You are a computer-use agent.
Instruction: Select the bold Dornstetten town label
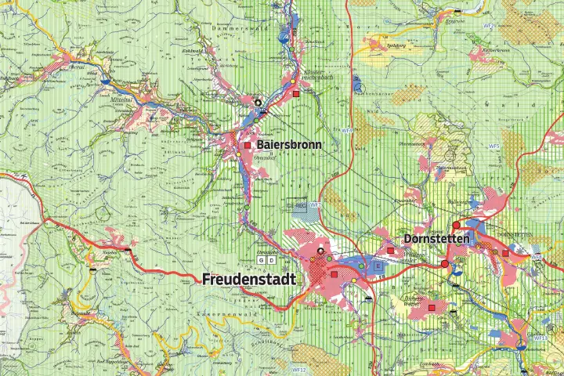[436, 237]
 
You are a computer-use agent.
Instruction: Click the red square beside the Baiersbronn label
[248, 146]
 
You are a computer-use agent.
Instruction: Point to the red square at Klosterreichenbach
[296, 94]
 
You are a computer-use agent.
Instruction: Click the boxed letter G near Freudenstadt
[262, 259]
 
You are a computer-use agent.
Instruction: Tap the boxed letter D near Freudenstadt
[271, 259]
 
